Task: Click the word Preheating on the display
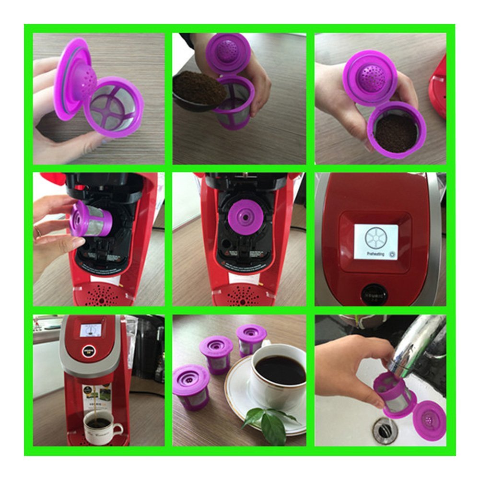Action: coord(375,254)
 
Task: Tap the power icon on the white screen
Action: coord(392,254)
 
